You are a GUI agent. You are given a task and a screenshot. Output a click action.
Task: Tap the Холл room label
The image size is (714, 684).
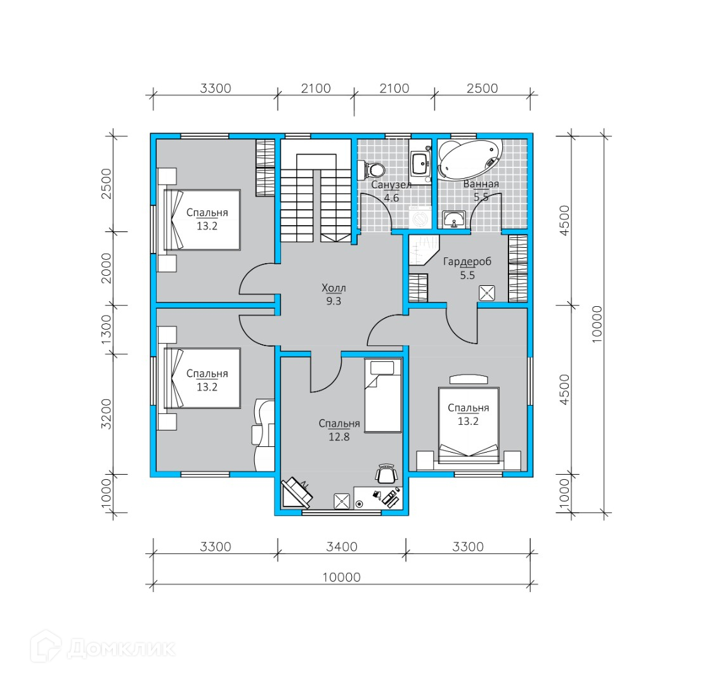point(334,288)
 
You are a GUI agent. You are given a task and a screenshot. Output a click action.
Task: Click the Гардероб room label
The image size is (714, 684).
point(467,262)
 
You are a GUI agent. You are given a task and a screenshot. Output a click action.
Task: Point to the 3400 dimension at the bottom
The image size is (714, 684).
point(342,546)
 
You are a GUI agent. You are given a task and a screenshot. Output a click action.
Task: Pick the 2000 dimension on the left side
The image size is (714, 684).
point(106,269)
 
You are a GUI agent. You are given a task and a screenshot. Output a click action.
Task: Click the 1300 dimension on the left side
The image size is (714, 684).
point(106,330)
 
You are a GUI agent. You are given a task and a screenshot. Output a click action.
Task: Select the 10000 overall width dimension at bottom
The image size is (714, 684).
point(342,577)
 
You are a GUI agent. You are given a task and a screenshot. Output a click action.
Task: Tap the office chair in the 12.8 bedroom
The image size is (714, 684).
point(386,474)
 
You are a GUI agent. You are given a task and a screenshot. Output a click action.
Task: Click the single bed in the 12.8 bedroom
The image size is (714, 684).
point(383,396)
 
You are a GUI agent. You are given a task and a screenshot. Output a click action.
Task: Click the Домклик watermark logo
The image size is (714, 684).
point(103,647)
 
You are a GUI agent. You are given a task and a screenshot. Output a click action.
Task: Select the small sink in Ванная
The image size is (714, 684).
point(453,219)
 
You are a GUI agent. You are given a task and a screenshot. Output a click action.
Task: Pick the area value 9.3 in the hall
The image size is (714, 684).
point(334,301)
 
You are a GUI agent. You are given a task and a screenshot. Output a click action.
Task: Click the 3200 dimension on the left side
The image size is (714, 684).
point(106,414)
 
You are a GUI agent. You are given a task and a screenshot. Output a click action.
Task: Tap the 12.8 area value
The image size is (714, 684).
point(339,437)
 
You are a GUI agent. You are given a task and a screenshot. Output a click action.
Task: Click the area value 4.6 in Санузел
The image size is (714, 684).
point(391,198)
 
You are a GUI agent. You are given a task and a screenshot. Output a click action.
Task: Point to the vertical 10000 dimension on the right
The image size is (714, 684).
point(597,324)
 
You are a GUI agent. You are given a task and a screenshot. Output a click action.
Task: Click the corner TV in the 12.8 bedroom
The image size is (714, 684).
point(297,493)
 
